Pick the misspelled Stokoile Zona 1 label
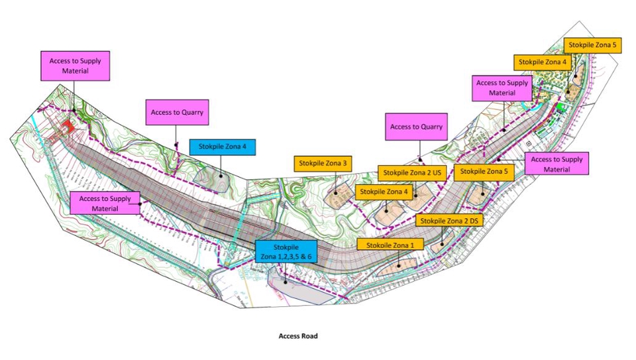[390, 245]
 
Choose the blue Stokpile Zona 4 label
[222, 147]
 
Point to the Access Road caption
[298, 336]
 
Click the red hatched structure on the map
[67, 127]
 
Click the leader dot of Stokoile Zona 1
[398, 265]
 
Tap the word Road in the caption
[309, 336]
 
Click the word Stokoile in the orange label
[376, 245]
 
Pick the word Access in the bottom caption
[290, 336]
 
